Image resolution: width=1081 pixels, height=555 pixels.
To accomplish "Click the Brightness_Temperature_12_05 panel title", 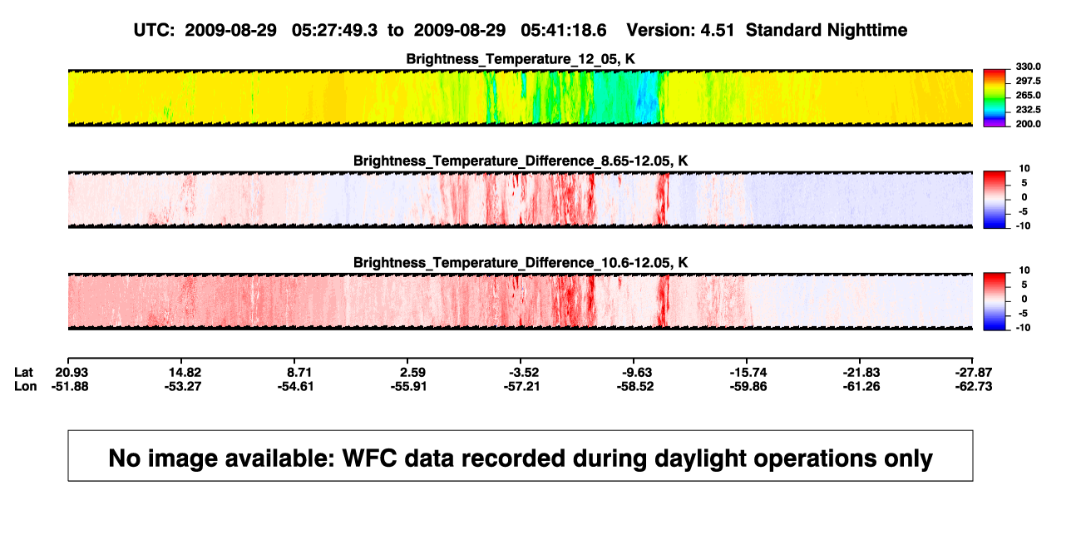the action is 521,59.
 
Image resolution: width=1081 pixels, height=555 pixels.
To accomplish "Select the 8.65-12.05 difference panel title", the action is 521,161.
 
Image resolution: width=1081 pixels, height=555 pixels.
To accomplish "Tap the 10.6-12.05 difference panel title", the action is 521,263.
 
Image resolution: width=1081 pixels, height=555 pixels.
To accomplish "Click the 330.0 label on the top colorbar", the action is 1028,67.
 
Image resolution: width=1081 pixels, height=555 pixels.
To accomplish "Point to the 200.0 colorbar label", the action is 1028,124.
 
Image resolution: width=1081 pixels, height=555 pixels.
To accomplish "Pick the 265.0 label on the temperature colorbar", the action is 1028,95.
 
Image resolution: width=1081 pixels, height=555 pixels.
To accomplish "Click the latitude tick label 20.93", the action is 72,373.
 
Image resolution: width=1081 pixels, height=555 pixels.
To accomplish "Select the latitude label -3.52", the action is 523,373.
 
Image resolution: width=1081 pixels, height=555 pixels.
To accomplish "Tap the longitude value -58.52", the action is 635,386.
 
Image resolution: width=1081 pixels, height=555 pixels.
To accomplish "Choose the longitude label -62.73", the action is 974,386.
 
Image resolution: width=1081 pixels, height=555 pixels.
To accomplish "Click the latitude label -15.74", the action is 748,373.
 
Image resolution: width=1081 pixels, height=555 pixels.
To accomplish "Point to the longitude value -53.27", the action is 182,386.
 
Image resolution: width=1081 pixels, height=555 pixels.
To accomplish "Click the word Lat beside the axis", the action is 23,373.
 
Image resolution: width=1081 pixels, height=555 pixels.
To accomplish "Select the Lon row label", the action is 25,386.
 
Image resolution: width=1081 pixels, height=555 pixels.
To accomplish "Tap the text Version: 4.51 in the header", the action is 680,30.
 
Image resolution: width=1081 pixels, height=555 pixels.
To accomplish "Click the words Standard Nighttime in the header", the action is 827,30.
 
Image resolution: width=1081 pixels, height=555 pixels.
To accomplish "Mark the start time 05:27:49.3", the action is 334,30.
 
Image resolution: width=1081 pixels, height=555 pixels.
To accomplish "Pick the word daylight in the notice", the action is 698,458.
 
